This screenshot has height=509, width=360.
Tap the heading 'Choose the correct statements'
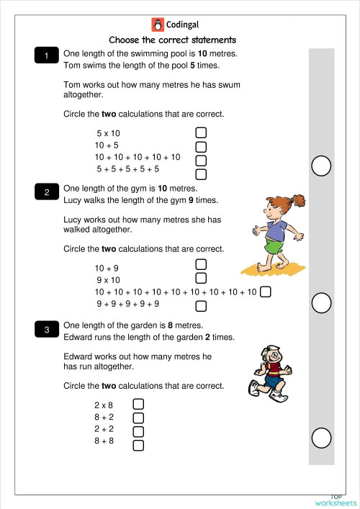(x=172, y=40)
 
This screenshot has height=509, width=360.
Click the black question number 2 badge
(x=47, y=192)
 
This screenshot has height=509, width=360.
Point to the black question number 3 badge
(x=47, y=330)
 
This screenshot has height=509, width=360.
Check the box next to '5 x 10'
(x=202, y=133)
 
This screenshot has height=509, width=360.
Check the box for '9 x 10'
(x=202, y=278)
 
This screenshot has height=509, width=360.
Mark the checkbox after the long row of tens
(x=266, y=292)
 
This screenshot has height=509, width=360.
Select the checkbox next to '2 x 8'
(x=139, y=405)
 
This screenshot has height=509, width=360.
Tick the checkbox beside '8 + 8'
(x=139, y=445)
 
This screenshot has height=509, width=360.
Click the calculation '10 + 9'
(x=107, y=268)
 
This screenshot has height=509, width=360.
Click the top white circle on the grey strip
(x=322, y=166)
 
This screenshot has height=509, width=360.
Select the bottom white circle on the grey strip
(x=322, y=437)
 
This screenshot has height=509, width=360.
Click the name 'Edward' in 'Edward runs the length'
(x=78, y=338)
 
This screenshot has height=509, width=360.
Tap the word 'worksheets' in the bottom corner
(x=336, y=503)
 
